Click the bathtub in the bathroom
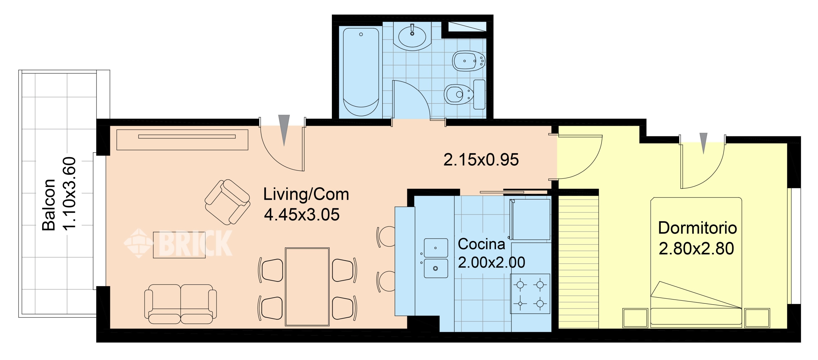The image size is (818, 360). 361,72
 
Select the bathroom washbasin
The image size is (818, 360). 412,36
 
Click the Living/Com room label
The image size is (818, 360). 306,194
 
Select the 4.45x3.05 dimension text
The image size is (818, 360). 302,215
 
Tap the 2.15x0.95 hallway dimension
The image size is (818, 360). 481,159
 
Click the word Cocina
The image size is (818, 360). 482,244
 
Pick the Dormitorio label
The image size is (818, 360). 697,228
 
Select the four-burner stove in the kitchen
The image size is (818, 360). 530,294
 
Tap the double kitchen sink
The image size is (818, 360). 436,258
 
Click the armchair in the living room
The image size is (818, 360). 227,201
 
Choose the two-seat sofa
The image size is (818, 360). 180,304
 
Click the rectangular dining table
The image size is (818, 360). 307,287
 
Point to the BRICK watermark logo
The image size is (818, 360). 178,243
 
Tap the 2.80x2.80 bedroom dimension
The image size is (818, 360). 696,248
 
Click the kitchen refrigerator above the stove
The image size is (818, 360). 530,219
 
